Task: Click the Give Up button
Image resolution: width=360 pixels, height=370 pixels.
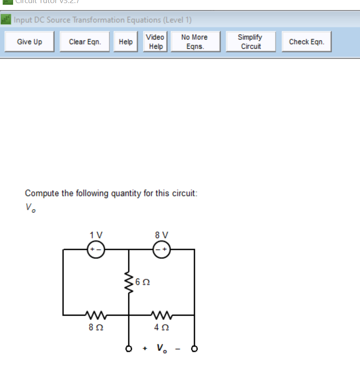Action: point(29,42)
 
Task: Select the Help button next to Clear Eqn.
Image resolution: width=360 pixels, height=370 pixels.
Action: point(126,42)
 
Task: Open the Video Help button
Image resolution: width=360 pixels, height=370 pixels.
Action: point(155,42)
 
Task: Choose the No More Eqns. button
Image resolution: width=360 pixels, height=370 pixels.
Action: point(194,42)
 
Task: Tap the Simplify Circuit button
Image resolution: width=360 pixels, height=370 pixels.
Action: point(250,42)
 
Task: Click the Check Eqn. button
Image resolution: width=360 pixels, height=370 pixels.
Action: point(306,42)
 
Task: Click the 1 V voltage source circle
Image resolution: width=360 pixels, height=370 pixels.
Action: point(95,249)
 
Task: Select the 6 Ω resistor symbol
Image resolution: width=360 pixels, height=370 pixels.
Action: point(129,283)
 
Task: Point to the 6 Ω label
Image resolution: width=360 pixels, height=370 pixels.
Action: point(143,283)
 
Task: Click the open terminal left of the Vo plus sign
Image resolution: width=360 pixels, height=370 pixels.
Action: point(129,349)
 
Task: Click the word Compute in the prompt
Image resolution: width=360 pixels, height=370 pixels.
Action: point(42,193)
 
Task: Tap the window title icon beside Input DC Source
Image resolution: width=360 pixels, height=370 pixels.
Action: point(6,20)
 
